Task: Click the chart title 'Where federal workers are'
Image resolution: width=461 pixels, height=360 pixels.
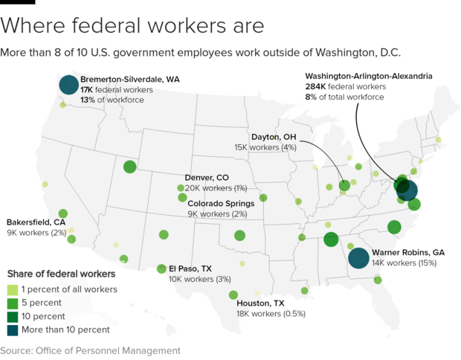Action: point(132,25)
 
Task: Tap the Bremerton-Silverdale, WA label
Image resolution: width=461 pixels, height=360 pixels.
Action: point(130,79)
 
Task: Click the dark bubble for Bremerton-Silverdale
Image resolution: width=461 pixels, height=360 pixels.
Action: point(68,86)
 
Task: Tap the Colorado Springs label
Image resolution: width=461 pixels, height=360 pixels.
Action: point(221,203)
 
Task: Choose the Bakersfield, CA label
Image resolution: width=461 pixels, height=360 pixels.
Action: point(36,222)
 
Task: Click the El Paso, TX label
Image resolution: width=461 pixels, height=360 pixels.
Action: point(190,269)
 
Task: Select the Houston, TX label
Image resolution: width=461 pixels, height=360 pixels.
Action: point(260,303)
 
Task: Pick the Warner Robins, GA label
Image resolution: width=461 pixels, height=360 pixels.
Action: point(408,253)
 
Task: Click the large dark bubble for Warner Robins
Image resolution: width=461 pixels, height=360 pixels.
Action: point(358,258)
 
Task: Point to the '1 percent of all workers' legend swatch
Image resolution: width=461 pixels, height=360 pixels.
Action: point(12,289)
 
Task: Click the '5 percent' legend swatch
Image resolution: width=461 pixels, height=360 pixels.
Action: point(12,303)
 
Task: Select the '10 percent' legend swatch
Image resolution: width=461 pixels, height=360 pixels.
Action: point(12,316)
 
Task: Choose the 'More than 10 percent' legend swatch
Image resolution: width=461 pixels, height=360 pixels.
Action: point(12,330)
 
